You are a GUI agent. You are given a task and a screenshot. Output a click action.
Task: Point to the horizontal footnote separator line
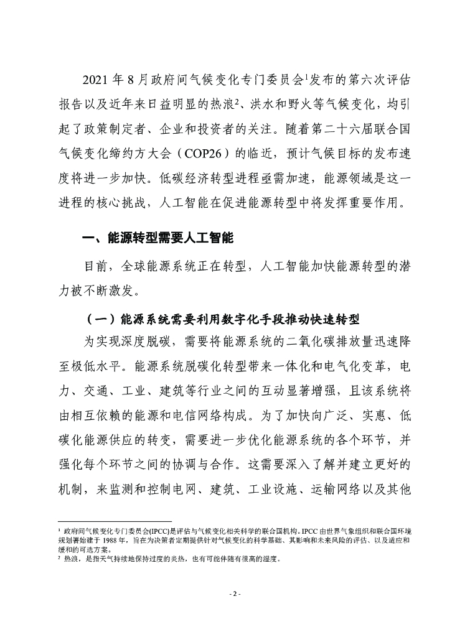pyautogui.click(x=115, y=522)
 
